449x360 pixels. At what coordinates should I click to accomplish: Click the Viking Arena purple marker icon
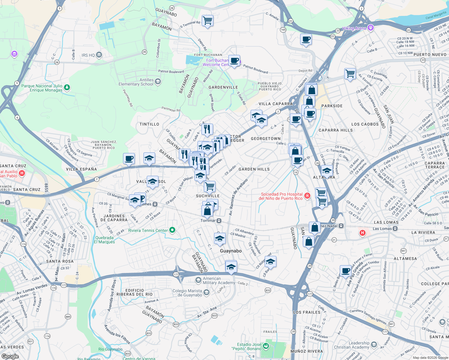(x=371, y=28)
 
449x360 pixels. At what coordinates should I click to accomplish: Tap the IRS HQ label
(x=88, y=55)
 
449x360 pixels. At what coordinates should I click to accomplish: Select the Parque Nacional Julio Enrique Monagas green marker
(x=67, y=87)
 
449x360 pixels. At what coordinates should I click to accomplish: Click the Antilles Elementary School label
(x=136, y=82)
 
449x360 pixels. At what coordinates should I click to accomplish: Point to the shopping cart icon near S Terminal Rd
(x=207, y=21)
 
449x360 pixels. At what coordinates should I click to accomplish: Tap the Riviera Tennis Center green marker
(x=172, y=230)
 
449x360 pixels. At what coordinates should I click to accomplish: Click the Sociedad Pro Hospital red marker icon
(x=307, y=196)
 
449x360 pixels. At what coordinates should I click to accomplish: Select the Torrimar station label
(x=208, y=220)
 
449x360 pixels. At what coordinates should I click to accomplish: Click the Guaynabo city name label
(x=231, y=251)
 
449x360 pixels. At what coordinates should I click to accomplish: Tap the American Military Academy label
(x=219, y=280)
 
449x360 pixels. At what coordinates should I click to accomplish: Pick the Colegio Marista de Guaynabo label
(x=187, y=293)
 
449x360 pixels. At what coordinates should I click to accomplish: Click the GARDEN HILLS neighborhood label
(x=254, y=169)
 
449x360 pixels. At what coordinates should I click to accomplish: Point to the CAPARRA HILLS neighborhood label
(x=336, y=130)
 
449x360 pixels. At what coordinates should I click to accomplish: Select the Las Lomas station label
(x=382, y=229)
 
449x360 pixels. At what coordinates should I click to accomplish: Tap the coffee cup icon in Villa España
(x=129, y=159)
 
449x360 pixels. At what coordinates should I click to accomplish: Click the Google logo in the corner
(x=10, y=356)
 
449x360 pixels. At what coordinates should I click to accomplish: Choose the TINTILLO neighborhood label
(x=149, y=124)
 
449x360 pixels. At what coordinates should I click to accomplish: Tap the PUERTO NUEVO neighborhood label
(x=430, y=55)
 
